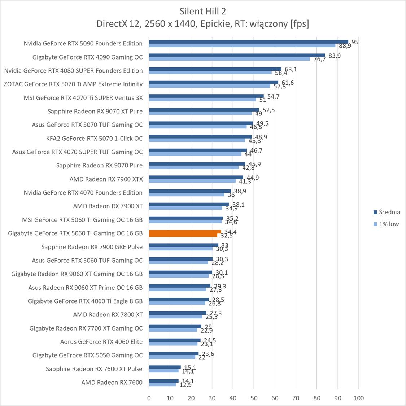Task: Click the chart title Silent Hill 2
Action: point(202,11)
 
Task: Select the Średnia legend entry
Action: point(389,212)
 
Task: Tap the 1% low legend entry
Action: point(389,224)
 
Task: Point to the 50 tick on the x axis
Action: point(254,398)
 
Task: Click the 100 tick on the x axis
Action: point(358,398)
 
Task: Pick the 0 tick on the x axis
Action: point(149,398)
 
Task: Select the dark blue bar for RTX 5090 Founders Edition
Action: point(248,42)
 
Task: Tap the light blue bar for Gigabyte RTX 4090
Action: point(229,59)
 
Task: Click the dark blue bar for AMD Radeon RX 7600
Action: point(163,381)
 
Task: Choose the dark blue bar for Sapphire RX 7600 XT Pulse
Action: point(165,367)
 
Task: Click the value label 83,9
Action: point(333,56)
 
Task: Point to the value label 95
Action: point(355,42)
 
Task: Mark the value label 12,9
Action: point(185,385)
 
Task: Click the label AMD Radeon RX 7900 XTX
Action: point(106,179)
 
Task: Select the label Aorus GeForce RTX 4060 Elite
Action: point(101,341)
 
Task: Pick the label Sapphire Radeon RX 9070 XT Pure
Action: point(95,111)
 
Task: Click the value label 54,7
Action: point(273,96)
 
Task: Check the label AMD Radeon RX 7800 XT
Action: point(108,314)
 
